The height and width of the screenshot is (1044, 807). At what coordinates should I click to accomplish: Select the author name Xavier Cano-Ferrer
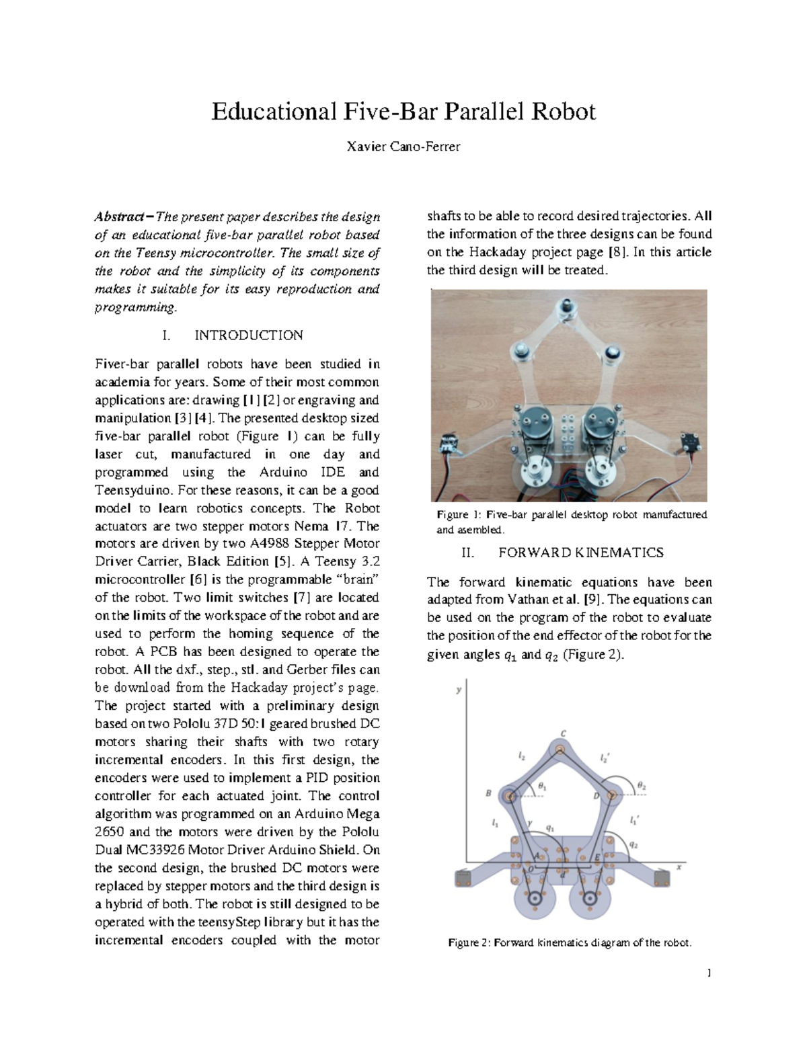(x=403, y=147)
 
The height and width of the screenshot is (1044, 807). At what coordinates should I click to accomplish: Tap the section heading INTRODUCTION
(x=248, y=335)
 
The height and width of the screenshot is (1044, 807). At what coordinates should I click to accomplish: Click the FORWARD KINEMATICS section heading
(x=580, y=553)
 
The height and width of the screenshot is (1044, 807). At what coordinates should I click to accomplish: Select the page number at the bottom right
(x=709, y=973)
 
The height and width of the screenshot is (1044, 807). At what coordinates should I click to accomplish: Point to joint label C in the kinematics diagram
(x=563, y=733)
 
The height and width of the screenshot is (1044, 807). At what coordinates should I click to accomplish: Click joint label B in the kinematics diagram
(x=489, y=793)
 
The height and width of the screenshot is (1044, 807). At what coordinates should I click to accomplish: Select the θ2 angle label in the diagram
(x=642, y=785)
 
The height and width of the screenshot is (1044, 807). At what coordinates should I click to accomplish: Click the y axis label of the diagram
(x=459, y=690)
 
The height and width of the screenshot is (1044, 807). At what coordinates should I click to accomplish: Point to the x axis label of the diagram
(x=679, y=867)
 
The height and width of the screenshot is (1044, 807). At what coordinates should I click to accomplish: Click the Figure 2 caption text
(x=570, y=942)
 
